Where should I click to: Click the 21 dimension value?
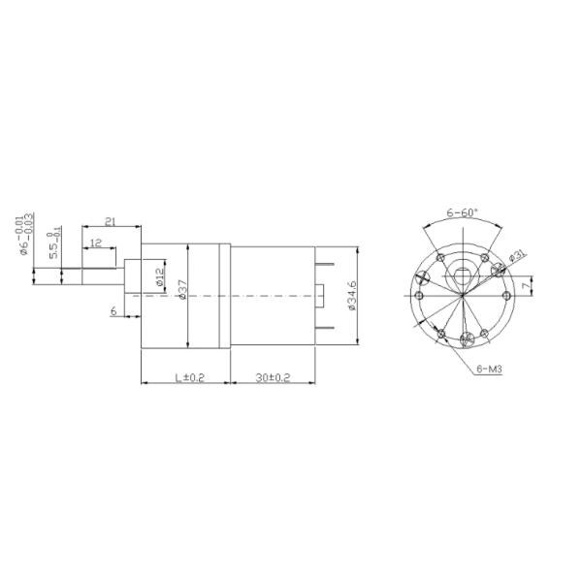point(110,222)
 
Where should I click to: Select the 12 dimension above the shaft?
point(96,242)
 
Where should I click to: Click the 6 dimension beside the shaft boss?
point(113,311)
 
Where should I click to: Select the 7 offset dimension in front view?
point(524,286)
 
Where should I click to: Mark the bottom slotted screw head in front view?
point(469,339)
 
